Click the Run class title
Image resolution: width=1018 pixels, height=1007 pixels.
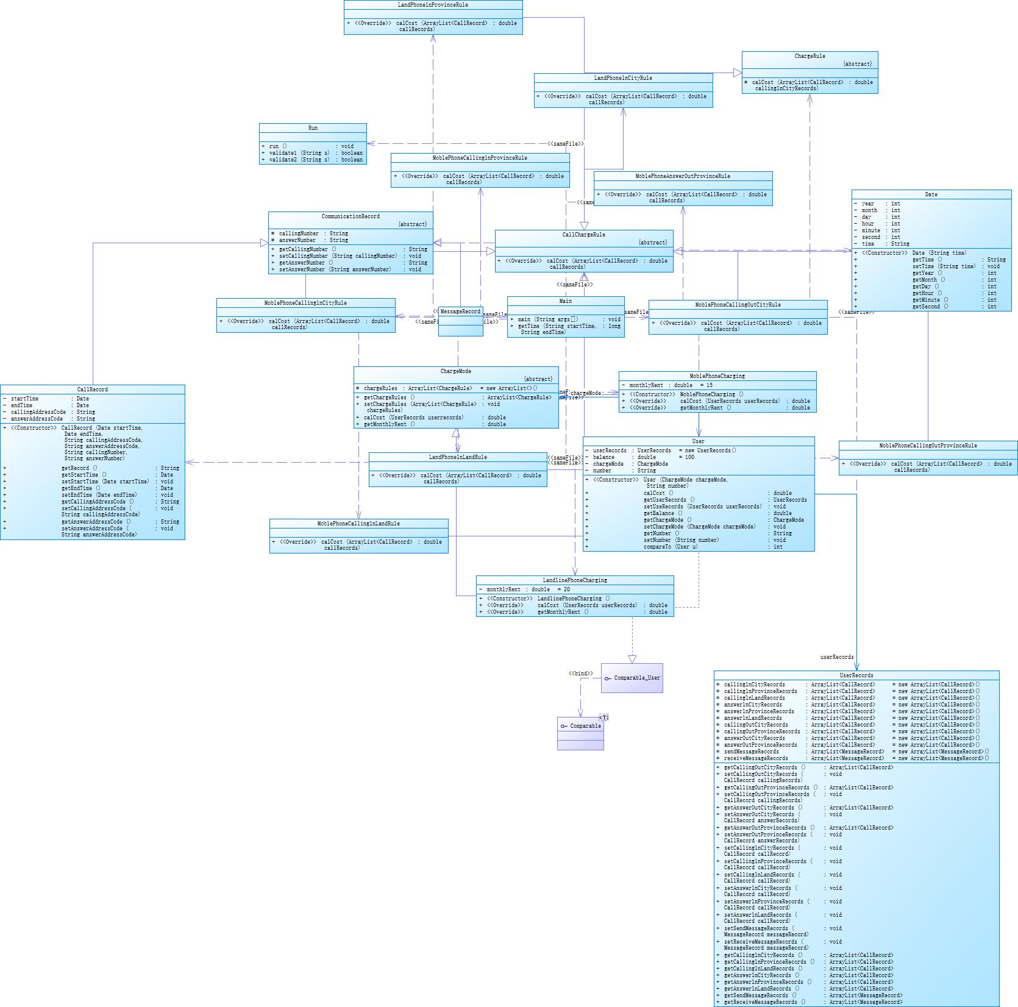[313, 128]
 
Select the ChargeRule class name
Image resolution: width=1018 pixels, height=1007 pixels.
[810, 56]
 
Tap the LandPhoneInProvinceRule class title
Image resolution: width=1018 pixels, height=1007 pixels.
[433, 5]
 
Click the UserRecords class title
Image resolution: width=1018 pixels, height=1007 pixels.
[856, 675]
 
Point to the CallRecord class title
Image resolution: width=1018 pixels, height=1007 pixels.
[93, 390]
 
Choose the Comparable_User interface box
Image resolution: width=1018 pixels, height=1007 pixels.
[632, 678]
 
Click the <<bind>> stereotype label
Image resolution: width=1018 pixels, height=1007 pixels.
[581, 674]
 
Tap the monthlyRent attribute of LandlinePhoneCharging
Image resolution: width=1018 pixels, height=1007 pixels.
[504, 589]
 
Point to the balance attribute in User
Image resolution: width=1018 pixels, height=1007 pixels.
[603, 457]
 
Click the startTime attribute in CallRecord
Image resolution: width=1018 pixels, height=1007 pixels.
[24, 399]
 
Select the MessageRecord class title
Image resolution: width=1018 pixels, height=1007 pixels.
[460, 311]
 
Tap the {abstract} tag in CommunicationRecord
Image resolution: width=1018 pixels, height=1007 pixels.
[412, 224]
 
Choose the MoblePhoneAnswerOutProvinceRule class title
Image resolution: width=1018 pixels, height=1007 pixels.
[683, 176]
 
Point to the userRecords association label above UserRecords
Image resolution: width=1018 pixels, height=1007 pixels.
[837, 657]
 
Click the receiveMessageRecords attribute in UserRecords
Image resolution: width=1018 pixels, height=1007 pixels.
[756, 758]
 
